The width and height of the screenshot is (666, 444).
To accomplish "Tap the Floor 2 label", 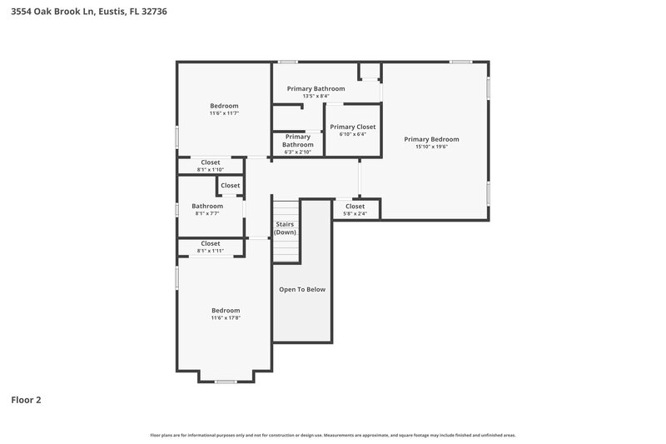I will pos(26,400).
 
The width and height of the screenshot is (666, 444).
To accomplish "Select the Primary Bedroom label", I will pos(431,139).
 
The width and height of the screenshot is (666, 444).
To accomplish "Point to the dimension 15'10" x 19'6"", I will pos(431,147).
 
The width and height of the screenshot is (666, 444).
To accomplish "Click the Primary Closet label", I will pos(352,127).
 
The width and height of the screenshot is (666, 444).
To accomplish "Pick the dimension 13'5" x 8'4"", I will pos(316,96).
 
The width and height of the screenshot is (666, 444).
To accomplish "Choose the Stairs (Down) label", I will pos(285,227).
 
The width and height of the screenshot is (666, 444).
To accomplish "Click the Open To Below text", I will pos(302,289).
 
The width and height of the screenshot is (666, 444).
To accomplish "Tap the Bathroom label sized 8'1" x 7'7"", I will pos(207,206).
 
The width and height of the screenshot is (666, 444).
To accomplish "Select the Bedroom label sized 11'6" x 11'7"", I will pos(224,106).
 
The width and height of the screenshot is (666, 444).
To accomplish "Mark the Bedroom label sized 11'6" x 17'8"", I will pos(225,310).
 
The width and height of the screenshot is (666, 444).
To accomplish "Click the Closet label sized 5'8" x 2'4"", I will pos(355,206).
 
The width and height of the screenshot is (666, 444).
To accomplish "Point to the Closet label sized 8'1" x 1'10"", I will pos(211,162).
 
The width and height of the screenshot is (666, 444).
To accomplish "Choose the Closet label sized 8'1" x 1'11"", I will pos(211,243).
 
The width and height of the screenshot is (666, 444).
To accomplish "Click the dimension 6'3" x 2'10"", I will pos(297,152).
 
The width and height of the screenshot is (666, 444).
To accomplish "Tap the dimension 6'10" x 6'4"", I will pos(352,134).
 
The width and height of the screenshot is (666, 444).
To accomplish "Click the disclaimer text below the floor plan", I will pos(332,435).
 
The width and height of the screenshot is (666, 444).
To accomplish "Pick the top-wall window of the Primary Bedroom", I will pos(460,62).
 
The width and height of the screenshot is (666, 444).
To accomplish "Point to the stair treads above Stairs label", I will pos(285,208).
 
